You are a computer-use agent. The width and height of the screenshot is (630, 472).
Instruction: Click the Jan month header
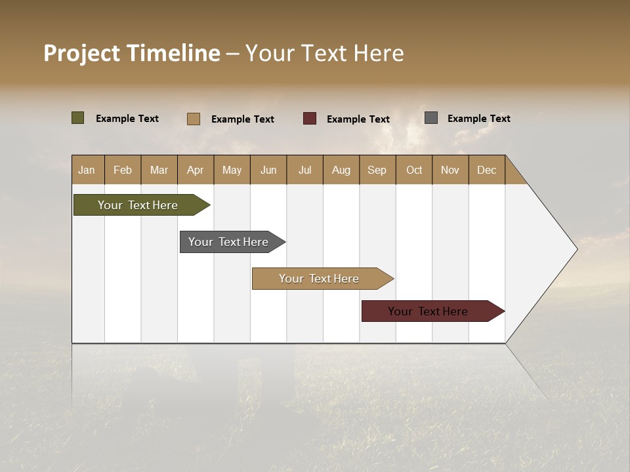click(x=87, y=170)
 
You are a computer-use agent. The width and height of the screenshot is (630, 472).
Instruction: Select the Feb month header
click(x=123, y=170)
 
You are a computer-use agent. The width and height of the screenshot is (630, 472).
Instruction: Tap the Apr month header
click(x=195, y=170)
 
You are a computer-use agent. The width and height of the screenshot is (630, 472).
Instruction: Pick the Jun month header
click(x=268, y=170)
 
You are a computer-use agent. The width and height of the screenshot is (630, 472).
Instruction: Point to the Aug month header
click(x=341, y=170)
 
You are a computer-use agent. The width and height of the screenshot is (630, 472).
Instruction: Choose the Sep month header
click(x=377, y=170)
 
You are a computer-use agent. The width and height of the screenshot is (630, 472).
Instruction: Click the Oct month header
click(x=414, y=170)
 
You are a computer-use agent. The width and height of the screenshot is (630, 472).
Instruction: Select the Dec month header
click(x=486, y=170)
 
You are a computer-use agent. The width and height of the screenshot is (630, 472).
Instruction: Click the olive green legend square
click(x=78, y=118)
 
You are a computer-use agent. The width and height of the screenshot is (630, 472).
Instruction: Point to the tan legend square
click(x=194, y=119)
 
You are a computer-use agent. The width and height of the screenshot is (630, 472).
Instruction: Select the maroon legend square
click(x=310, y=119)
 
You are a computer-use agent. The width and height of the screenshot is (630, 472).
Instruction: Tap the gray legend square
click(x=431, y=118)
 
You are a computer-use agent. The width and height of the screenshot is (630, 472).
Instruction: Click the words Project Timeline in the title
click(x=132, y=53)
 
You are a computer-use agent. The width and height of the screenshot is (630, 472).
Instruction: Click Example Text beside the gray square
click(x=478, y=119)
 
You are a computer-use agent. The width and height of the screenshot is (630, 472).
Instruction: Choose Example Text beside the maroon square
click(x=358, y=119)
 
